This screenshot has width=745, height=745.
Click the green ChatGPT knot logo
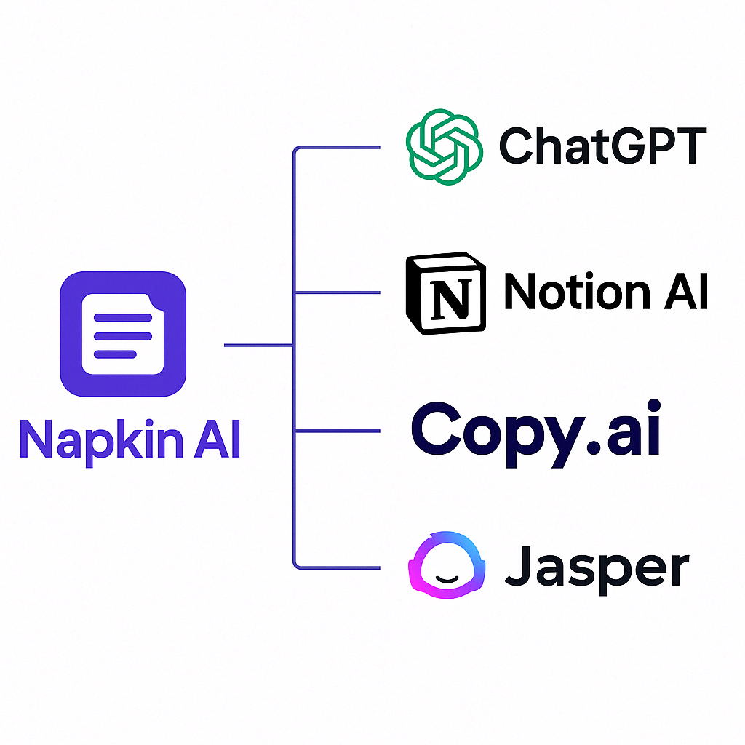(x=445, y=147)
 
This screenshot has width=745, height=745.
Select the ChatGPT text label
(x=603, y=146)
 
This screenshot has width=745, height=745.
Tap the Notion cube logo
(x=446, y=293)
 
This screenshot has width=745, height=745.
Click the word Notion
(x=577, y=291)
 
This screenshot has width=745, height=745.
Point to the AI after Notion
(x=686, y=291)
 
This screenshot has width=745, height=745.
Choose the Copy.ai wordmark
(x=536, y=434)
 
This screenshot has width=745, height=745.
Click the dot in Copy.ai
(x=594, y=447)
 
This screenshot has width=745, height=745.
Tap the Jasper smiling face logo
(x=447, y=565)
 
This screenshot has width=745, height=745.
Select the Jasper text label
(x=597, y=569)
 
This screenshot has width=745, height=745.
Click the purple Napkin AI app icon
(x=123, y=334)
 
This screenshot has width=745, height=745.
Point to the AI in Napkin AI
(x=217, y=439)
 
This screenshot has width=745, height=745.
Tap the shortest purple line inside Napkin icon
(x=115, y=354)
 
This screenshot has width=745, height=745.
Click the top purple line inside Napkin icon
(x=123, y=318)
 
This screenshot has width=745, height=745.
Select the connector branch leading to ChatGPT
(x=338, y=147)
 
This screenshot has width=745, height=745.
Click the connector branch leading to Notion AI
(x=338, y=292)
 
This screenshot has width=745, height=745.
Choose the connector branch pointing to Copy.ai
(x=338, y=431)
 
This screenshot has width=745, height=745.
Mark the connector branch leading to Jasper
(x=338, y=567)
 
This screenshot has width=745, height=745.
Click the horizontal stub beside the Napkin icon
(x=258, y=346)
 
